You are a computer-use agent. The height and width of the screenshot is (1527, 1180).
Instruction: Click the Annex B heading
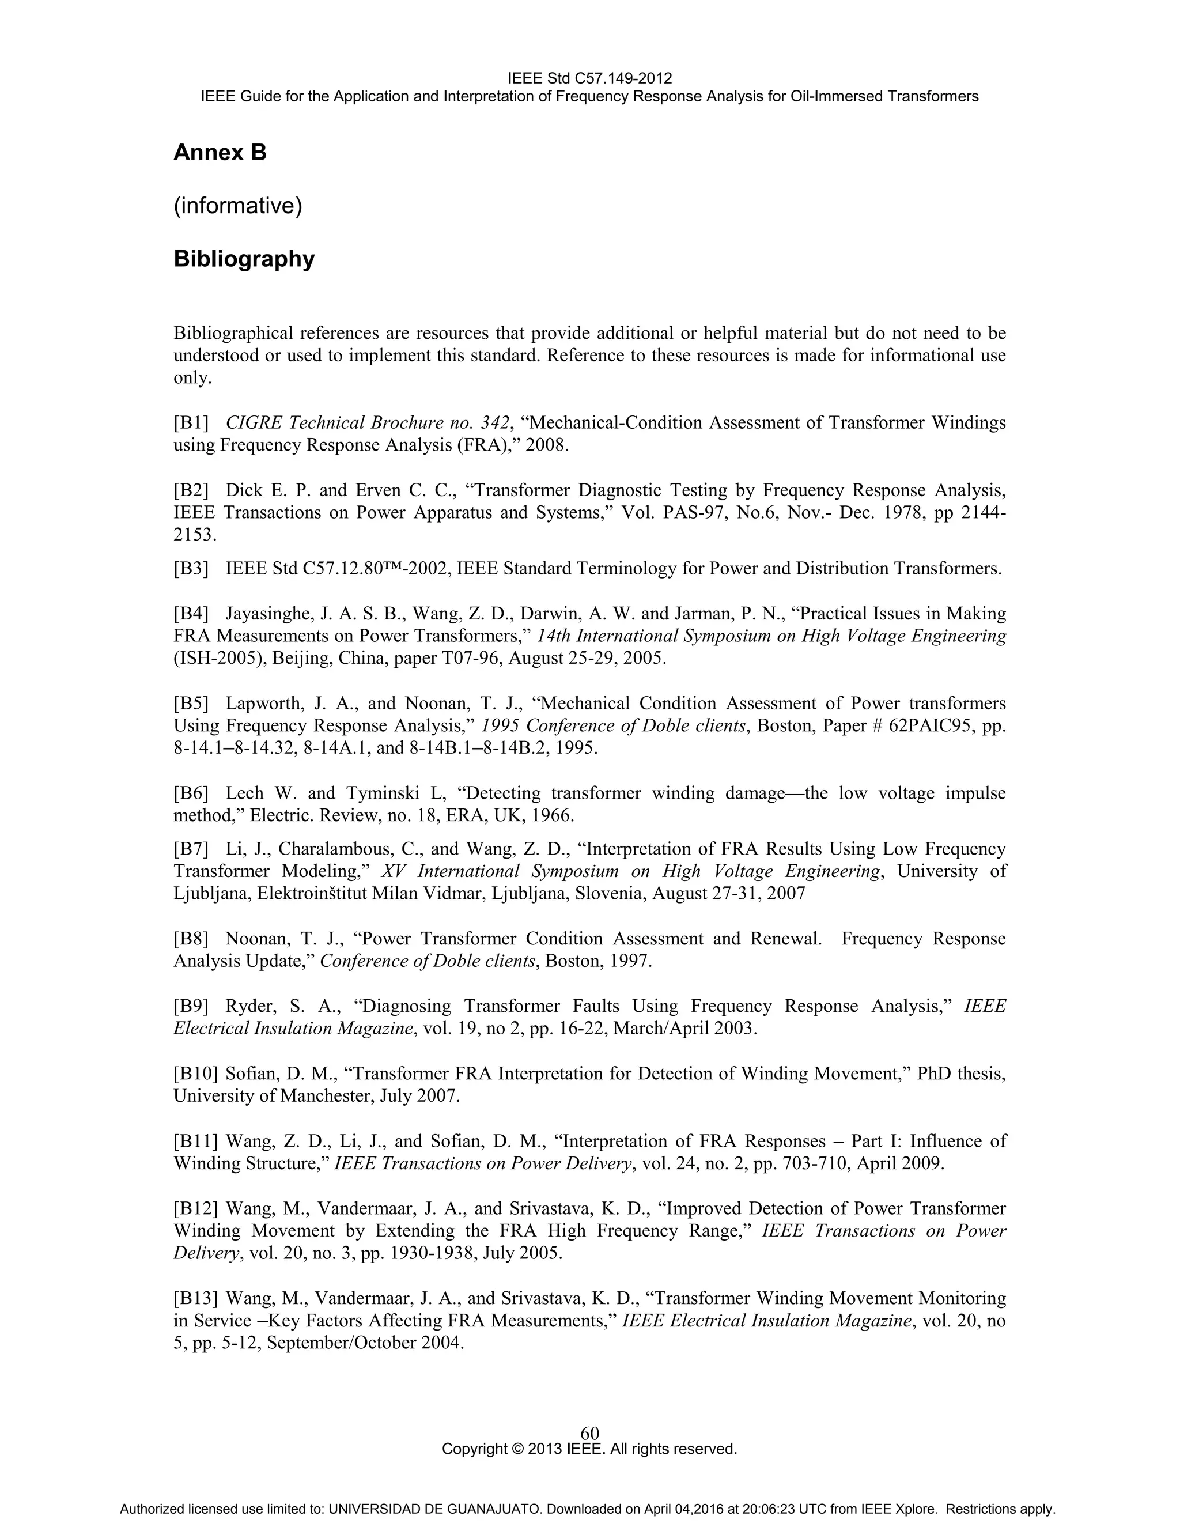point(220,153)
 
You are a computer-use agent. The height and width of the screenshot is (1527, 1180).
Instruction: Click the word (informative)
point(238,206)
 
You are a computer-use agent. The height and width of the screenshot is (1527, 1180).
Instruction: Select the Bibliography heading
point(244,259)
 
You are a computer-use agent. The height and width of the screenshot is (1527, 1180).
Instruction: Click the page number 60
point(589,1432)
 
